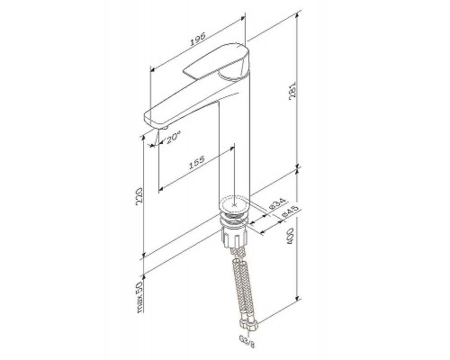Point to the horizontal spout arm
pos(184,107)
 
